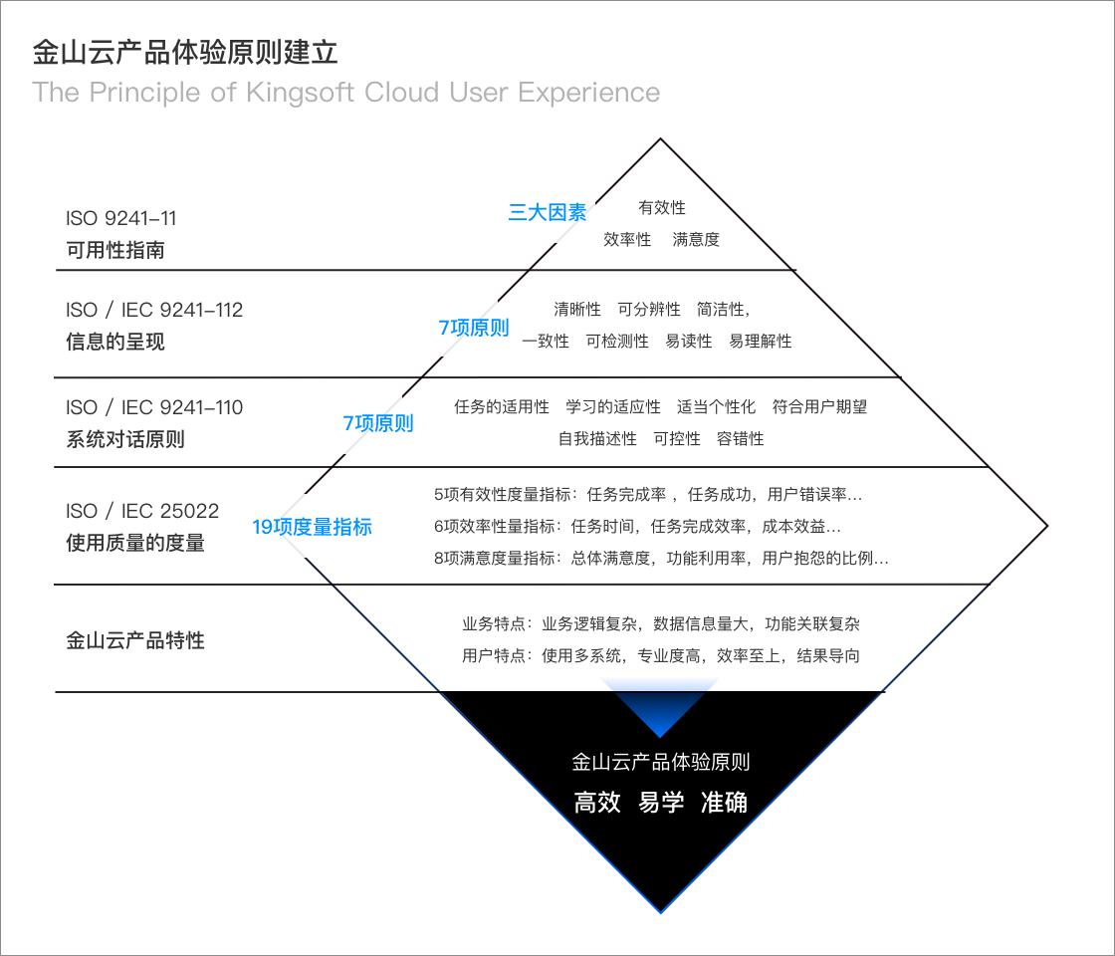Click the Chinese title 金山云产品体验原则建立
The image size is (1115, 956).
pos(185,52)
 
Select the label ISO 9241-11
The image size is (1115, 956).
pos(120,218)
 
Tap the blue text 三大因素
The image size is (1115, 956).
pos(548,211)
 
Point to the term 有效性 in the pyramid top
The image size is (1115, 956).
pos(662,207)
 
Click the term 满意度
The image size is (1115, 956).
pos(696,239)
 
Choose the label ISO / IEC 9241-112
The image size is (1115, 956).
pos(154,310)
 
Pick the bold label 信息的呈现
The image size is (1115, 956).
pos(115,342)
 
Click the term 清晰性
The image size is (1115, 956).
pos(577,309)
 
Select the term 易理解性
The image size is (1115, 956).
pos(761,341)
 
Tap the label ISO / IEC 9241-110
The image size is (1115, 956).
pos(154,407)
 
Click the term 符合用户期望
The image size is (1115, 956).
pos(820,406)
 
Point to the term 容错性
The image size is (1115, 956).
pos(741,438)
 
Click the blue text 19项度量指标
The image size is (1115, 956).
pos(312,527)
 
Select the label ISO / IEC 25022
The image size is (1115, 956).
pos(142,511)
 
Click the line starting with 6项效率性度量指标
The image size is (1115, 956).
pos(637,526)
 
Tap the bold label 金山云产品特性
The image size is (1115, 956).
pos(135,640)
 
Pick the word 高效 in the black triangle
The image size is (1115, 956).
pos(597,803)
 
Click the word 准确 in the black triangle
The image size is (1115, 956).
pos(724,803)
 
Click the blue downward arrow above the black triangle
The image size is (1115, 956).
pos(660,706)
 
